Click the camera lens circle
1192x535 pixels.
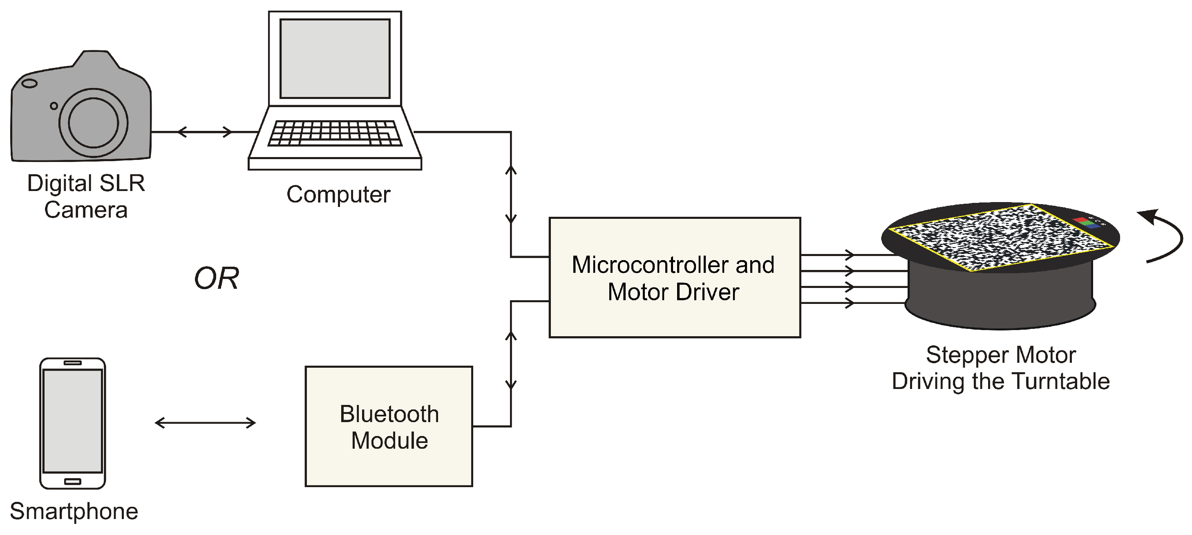pos(94,123)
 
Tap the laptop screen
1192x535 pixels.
pos(335,58)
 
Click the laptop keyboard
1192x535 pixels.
pos(335,133)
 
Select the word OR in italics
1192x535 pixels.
pos(216,279)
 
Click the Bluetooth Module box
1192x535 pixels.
pos(389,426)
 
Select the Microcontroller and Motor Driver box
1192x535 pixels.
pos(674,277)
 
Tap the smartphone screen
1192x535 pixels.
pos(73,420)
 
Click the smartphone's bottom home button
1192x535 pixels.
pos(73,481)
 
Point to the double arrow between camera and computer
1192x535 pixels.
pos(205,132)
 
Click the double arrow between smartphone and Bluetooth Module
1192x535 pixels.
pos(205,423)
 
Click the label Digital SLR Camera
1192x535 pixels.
pos(86,196)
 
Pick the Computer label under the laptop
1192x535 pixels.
pos(338,195)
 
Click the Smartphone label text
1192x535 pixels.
pos(74,511)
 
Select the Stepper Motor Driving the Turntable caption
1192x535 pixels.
pos(1000,368)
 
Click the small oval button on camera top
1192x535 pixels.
pos(29,83)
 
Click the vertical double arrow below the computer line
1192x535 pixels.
pos(511,195)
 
